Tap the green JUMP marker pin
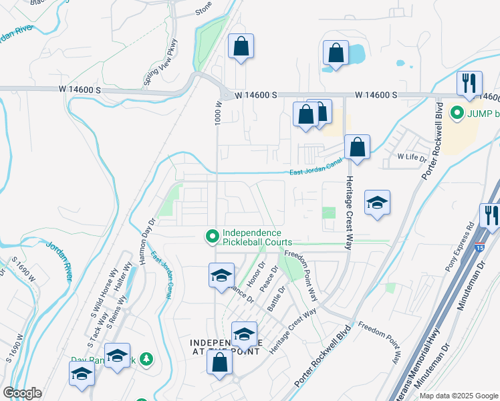pyautogui.click(x=457, y=113)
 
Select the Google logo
pyautogui.click(x=22, y=393)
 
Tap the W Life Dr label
pyautogui.click(x=412, y=156)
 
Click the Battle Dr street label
pyautogui.click(x=276, y=299)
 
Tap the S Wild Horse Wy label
pyautogui.click(x=103, y=296)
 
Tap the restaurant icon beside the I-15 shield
pyautogui.click(x=490, y=216)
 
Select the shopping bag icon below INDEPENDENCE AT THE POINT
pyautogui.click(x=219, y=364)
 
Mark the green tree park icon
pyautogui.click(x=146, y=360)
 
